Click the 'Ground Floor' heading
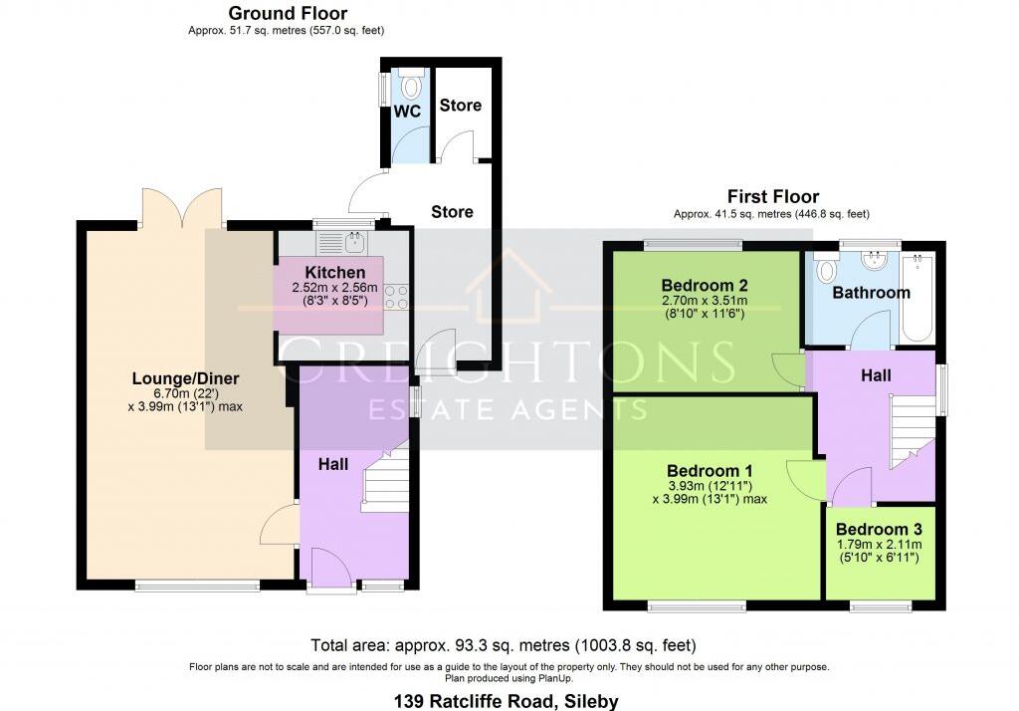click(x=288, y=13)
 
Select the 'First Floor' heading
click(x=773, y=196)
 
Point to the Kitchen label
click(x=334, y=272)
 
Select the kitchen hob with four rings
click(x=395, y=296)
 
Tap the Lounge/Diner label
click(x=186, y=378)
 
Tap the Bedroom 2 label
click(x=705, y=285)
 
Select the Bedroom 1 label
click(x=709, y=471)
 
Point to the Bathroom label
click(x=871, y=293)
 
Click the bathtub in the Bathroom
click(x=918, y=295)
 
